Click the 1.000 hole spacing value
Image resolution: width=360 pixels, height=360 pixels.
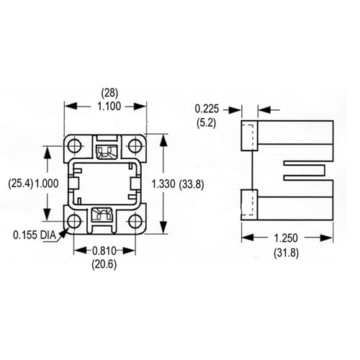(x=48, y=184)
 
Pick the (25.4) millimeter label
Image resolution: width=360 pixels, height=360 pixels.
(x=20, y=184)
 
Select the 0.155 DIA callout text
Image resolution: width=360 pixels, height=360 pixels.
(x=34, y=235)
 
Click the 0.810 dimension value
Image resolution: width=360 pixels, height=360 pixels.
(x=106, y=250)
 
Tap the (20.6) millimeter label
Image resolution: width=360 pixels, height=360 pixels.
(x=106, y=264)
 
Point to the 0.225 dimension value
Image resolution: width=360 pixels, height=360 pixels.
(x=207, y=109)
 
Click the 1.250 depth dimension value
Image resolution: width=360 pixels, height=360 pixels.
(x=287, y=238)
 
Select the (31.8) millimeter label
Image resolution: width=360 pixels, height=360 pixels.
(x=287, y=251)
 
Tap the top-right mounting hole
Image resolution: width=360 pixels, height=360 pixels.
(x=135, y=146)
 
